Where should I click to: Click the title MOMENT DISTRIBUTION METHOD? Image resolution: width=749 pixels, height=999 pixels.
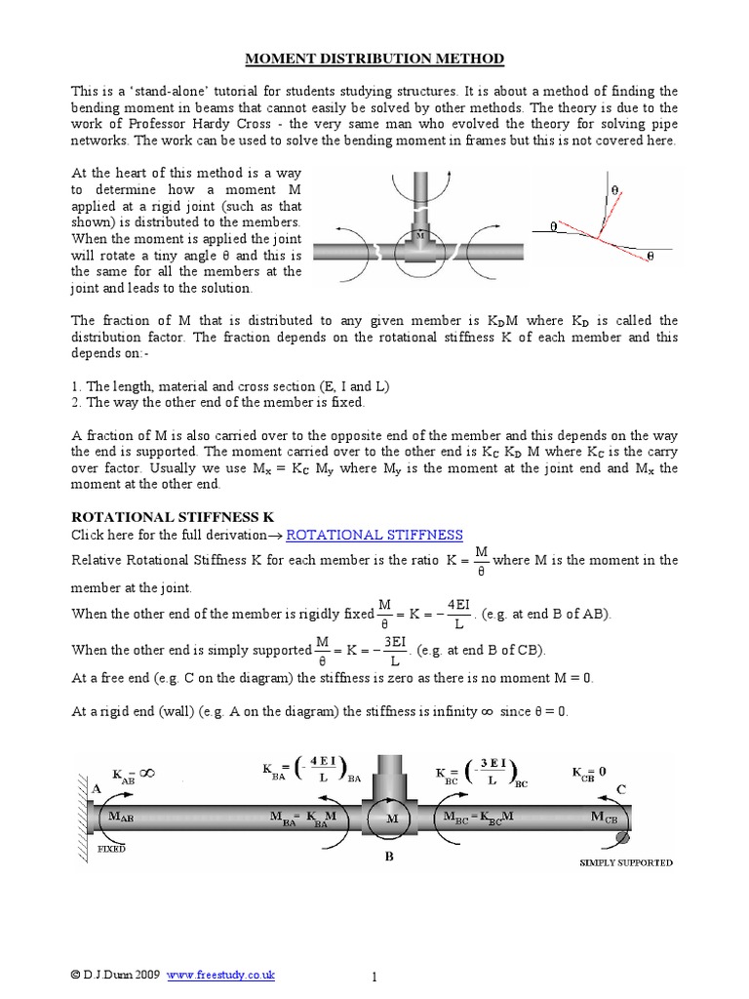(x=374, y=60)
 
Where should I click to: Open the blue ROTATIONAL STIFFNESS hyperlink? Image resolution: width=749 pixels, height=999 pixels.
(x=374, y=535)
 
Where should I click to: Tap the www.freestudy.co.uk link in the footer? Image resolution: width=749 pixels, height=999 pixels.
(x=221, y=975)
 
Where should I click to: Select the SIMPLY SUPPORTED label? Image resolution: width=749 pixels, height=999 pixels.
(x=625, y=862)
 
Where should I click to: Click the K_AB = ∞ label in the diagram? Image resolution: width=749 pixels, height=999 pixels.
(x=134, y=774)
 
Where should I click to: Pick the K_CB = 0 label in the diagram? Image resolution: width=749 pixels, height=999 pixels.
(x=589, y=772)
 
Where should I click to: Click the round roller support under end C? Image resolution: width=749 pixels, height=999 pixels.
(x=623, y=836)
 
